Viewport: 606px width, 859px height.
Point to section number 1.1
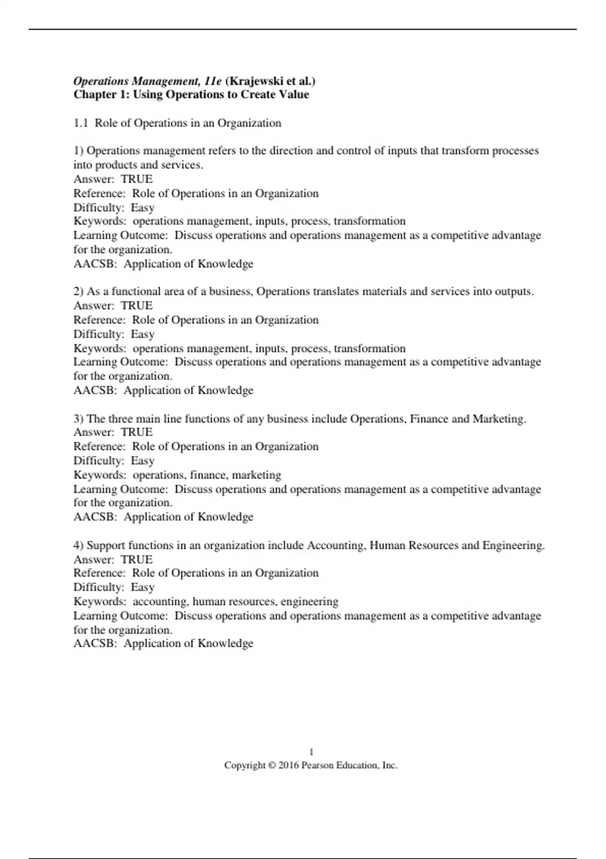[81, 123]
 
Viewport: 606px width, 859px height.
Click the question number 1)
[78, 151]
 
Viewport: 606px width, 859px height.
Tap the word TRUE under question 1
[137, 179]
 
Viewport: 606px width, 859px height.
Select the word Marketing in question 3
[499, 419]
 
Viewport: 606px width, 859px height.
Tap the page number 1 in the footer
[311, 752]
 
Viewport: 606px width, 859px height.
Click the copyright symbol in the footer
[272, 766]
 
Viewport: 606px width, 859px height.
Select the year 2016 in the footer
[288, 766]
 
